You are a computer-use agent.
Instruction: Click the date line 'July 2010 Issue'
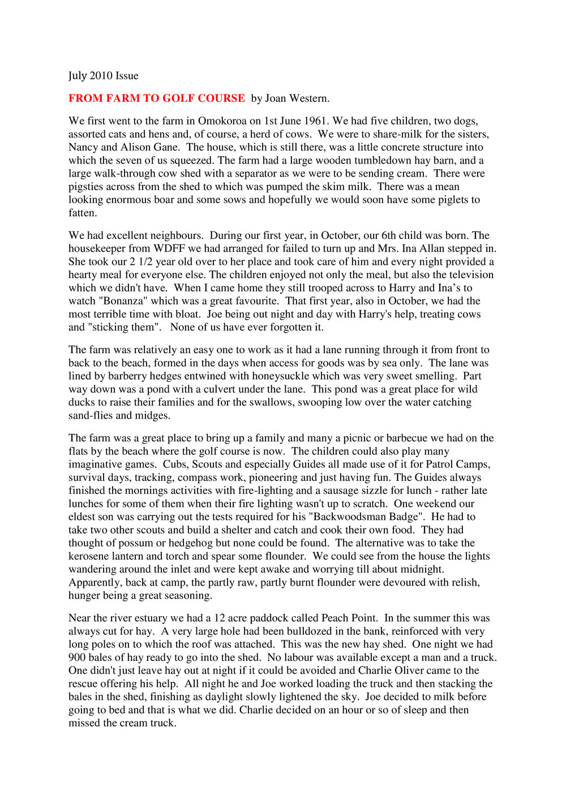(x=103, y=76)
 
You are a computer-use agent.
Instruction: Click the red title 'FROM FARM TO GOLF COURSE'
(x=157, y=98)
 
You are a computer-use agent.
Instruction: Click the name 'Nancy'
(x=83, y=147)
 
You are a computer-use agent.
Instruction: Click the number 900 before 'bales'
(x=78, y=657)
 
